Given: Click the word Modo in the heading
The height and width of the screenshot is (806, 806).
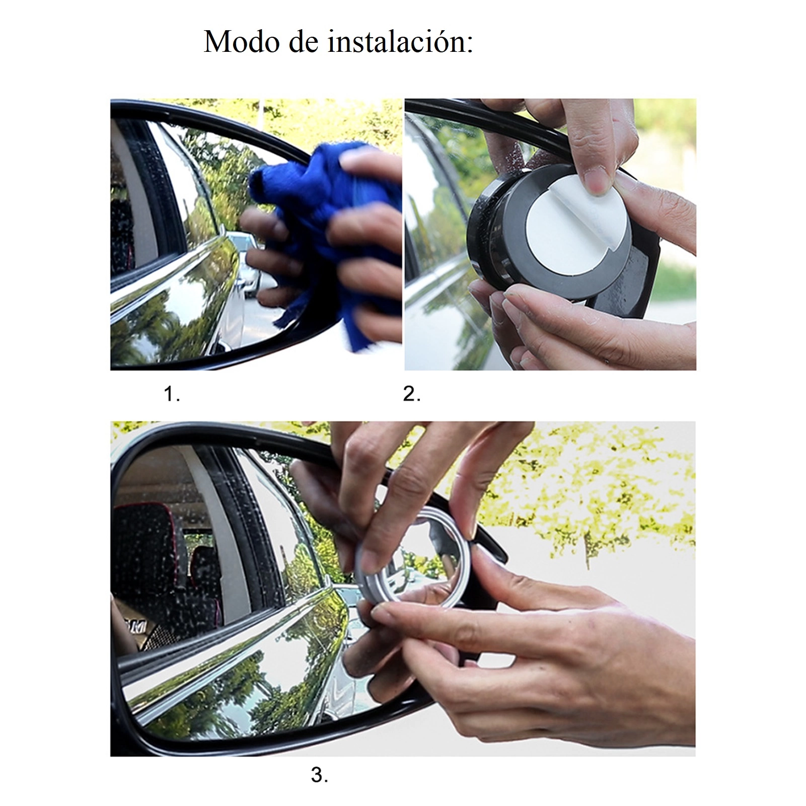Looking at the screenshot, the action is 241,41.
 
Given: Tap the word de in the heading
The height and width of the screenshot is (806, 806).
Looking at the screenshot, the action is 304,41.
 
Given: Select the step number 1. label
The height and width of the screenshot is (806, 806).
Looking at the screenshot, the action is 172,394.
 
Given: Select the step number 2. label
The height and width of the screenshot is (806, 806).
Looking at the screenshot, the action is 412,394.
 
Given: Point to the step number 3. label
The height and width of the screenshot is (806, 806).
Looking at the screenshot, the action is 319,775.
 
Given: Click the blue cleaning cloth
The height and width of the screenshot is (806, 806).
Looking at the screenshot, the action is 322,237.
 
